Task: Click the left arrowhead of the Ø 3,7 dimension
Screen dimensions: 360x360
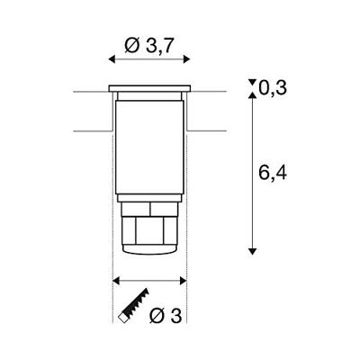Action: [111, 58]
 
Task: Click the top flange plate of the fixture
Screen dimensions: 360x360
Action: [149, 87]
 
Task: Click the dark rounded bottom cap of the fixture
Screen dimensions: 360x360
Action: [149, 251]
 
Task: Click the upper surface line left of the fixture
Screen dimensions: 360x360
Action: [90, 91]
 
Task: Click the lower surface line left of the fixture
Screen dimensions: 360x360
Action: [90, 131]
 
